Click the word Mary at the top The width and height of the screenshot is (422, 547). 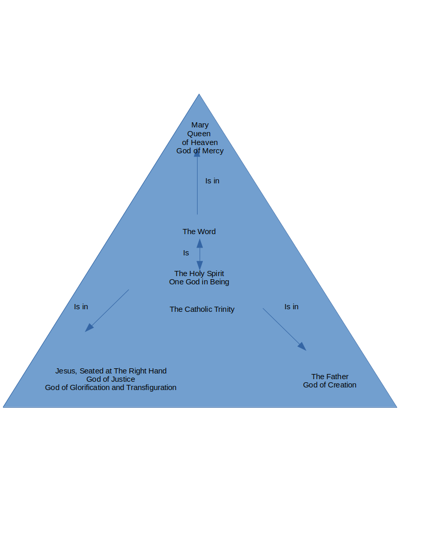point(200,125)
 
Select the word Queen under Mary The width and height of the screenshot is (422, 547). point(199,134)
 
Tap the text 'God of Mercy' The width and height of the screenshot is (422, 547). point(200,151)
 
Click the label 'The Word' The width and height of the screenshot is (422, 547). point(199,232)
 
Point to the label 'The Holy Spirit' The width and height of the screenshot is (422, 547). point(199,273)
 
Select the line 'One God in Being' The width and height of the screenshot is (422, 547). point(199,282)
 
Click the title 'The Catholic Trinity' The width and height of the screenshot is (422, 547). point(202,309)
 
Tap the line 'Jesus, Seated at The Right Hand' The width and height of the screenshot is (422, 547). point(111,371)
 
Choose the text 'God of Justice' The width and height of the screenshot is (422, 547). point(111,379)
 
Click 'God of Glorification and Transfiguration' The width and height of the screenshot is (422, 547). point(111,387)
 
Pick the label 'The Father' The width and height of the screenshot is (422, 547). point(330,377)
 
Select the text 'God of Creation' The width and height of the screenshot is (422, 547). point(330,385)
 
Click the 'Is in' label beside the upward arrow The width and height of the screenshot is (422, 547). point(213,181)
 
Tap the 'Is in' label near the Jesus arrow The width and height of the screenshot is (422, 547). point(81,307)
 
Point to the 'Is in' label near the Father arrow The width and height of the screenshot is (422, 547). point(292,307)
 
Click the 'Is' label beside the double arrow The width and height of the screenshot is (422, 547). point(186,253)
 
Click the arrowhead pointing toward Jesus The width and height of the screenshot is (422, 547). point(89,328)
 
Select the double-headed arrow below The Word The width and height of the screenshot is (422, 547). point(200,254)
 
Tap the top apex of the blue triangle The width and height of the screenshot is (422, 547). point(199,94)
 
